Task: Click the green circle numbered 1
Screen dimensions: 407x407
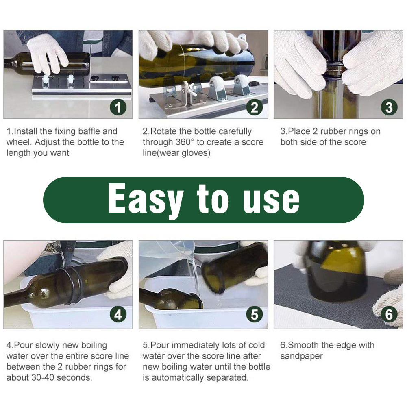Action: [x=118, y=107]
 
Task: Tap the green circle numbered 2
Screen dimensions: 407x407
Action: [x=254, y=107]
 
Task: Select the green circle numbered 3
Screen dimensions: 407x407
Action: [x=389, y=107]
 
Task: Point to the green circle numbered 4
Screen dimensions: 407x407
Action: [x=118, y=315]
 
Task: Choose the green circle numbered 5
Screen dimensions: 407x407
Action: [x=254, y=315]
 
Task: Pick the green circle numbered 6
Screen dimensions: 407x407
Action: [x=389, y=315]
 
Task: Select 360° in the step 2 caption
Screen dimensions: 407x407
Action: [x=185, y=142]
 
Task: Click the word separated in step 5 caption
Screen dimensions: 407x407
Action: [x=226, y=377]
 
